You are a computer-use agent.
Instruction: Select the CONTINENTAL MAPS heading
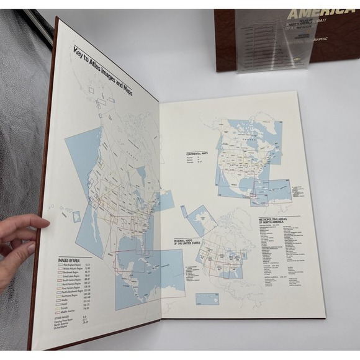click(197, 154)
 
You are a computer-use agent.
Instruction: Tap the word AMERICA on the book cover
click(313, 14)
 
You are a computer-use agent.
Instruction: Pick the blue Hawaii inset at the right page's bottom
click(207, 299)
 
